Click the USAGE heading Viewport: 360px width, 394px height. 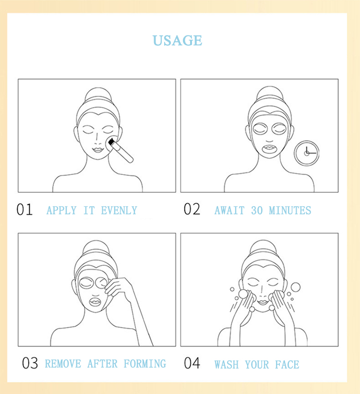pos(177,40)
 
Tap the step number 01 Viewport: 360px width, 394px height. pos(24,209)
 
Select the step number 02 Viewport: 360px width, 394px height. pos(192,209)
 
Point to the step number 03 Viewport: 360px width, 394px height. pos(30,363)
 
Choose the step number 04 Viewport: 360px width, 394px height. pos(192,363)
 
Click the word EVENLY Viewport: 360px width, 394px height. pos(119,210)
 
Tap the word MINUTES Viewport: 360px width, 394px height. pos(290,210)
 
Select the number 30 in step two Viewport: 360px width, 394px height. pos(257,210)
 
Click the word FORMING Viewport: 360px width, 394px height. pos(145,364)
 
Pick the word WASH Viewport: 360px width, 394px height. pos(227,365)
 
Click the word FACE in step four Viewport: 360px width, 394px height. pos(287,365)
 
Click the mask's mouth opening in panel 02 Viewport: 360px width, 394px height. pos(269,150)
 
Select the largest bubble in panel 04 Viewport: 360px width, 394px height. pos(296,287)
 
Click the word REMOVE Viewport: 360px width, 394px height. pos(63,364)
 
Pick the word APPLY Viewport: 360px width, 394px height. pos(61,210)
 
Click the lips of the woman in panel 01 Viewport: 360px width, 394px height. pos(97,150)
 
